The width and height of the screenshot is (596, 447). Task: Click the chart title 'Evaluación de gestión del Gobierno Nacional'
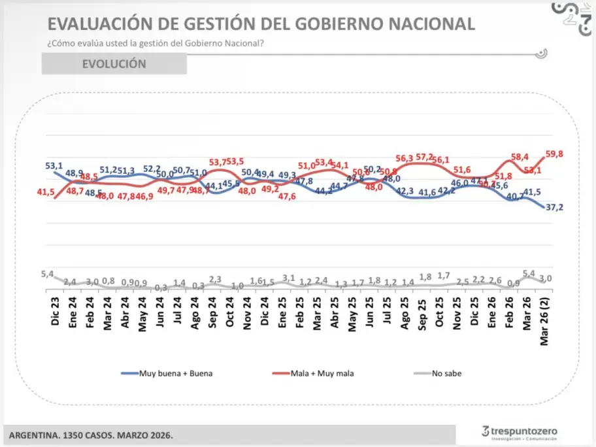[261, 24]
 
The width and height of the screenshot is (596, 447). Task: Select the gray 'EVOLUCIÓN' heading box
[114, 64]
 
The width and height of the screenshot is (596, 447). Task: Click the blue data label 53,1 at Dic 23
[54, 165]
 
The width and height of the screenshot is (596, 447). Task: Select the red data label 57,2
[424, 157]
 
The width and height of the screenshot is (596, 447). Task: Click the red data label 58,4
[519, 157]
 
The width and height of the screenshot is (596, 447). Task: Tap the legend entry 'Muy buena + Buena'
[168, 373]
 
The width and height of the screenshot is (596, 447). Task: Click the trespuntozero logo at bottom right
[520, 432]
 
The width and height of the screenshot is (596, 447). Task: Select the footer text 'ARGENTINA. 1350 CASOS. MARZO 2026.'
[91, 435]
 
